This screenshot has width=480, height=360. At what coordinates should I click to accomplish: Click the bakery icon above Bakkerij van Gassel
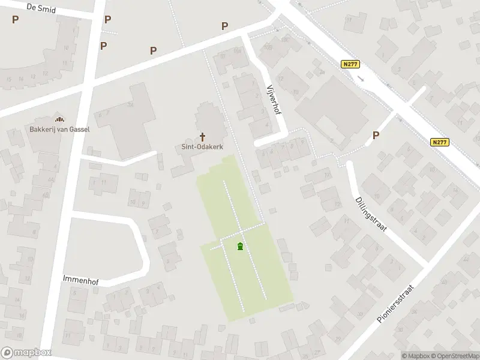(58, 117)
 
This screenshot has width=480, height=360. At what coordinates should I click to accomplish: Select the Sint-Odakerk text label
(202, 146)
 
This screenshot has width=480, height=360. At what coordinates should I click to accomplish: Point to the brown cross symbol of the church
(202, 136)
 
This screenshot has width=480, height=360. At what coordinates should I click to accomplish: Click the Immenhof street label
(80, 279)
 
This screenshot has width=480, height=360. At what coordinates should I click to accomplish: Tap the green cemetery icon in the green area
(240, 246)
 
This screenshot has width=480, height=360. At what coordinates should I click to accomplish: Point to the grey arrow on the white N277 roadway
(361, 79)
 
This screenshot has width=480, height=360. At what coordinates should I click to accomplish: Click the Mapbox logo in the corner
(26, 353)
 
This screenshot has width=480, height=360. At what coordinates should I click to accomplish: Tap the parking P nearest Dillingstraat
(376, 135)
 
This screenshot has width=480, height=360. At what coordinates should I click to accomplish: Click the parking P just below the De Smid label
(15, 19)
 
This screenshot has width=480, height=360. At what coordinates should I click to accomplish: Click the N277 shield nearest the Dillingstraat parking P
(440, 142)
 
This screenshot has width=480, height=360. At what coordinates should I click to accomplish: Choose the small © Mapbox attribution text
(416, 356)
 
